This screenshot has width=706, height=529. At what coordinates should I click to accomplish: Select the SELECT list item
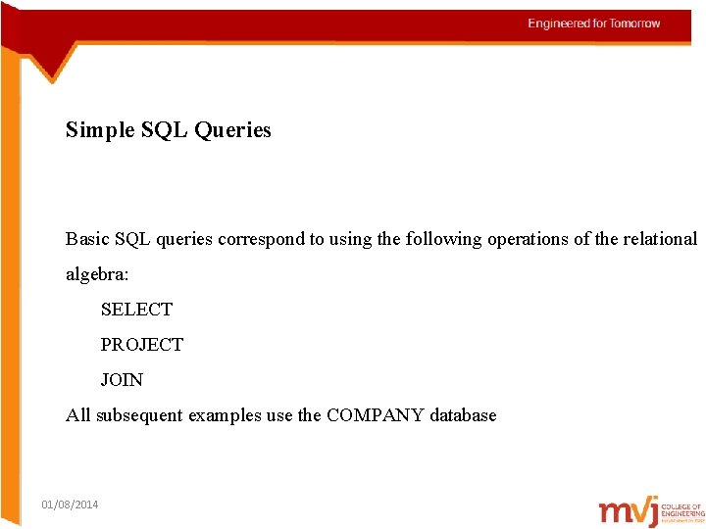coord(136,310)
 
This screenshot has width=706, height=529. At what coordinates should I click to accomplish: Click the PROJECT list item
coord(141,345)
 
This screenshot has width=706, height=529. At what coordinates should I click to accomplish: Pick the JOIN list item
coord(122,380)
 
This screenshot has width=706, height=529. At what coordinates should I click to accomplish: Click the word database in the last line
coord(463,415)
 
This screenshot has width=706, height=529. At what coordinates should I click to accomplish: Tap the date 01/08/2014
coord(70,505)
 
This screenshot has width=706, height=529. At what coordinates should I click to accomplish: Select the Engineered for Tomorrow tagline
coord(594,24)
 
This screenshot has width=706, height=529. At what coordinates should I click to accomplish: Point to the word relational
coord(660,239)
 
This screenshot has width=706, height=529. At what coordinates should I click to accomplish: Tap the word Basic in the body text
coord(87,239)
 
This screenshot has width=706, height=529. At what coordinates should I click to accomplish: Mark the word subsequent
coord(136,415)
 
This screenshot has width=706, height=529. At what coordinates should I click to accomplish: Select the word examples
coord(225,415)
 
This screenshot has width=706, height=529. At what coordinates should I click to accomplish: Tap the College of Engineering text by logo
coord(682,509)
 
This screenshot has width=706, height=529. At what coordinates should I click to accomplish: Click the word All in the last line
coord(76,415)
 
